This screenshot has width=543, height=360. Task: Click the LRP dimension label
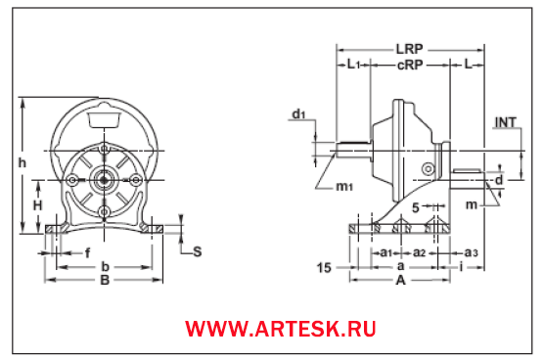(x=410, y=47)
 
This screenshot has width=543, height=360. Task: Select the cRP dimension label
(x=410, y=65)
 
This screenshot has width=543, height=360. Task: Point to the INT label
(x=505, y=122)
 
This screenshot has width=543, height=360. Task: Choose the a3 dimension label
(x=472, y=252)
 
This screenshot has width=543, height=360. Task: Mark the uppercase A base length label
(x=400, y=279)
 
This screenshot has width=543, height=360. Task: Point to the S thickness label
(x=197, y=251)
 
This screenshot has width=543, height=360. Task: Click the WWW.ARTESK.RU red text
(x=281, y=329)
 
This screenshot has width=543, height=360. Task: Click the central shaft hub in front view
(x=104, y=181)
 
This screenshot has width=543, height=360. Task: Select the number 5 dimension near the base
(x=416, y=207)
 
